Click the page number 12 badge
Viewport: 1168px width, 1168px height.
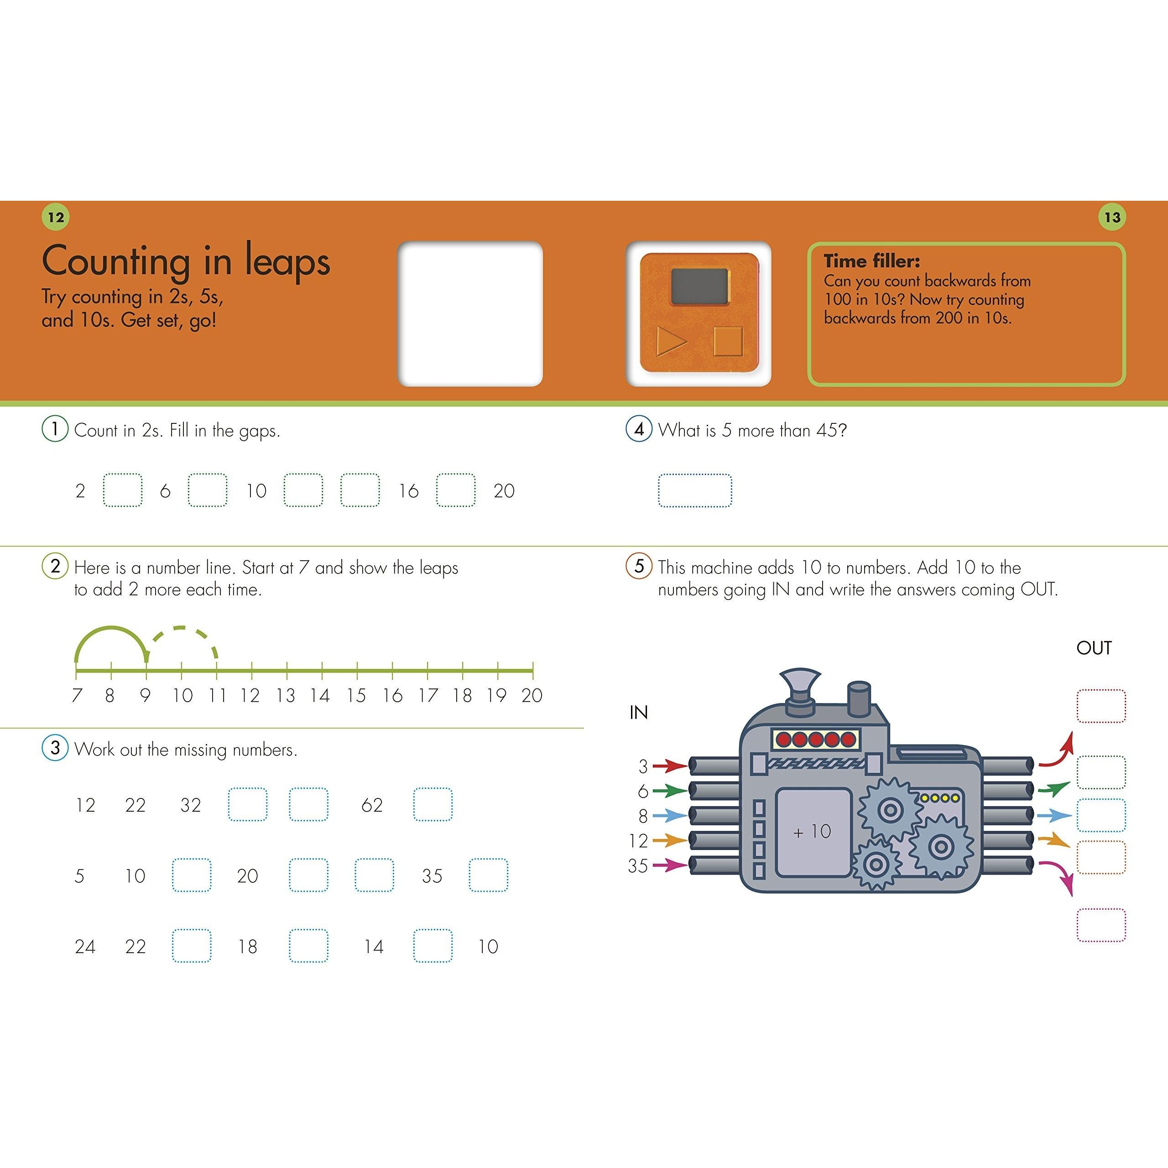pyautogui.click(x=56, y=217)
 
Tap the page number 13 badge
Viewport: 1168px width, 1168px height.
pyautogui.click(x=1112, y=217)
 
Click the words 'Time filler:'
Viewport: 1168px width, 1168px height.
pyautogui.click(x=872, y=261)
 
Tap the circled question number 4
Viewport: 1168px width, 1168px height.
pyautogui.click(x=639, y=429)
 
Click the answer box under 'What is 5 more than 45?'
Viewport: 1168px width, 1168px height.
pyautogui.click(x=694, y=490)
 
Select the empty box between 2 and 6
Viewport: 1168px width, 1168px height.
pyautogui.click(x=123, y=490)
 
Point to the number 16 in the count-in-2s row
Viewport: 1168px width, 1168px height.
pyautogui.click(x=409, y=491)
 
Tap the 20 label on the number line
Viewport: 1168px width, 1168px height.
pyautogui.click(x=532, y=695)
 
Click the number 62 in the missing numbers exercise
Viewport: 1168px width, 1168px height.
pyautogui.click(x=372, y=805)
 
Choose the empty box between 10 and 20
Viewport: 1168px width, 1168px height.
pyautogui.click(x=192, y=876)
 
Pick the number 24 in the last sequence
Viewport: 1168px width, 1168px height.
pyautogui.click(x=85, y=947)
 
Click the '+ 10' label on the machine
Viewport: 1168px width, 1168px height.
pyautogui.click(x=812, y=832)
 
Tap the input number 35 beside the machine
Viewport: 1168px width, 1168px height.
pyautogui.click(x=638, y=866)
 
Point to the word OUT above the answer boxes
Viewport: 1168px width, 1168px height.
pyautogui.click(x=1094, y=648)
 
